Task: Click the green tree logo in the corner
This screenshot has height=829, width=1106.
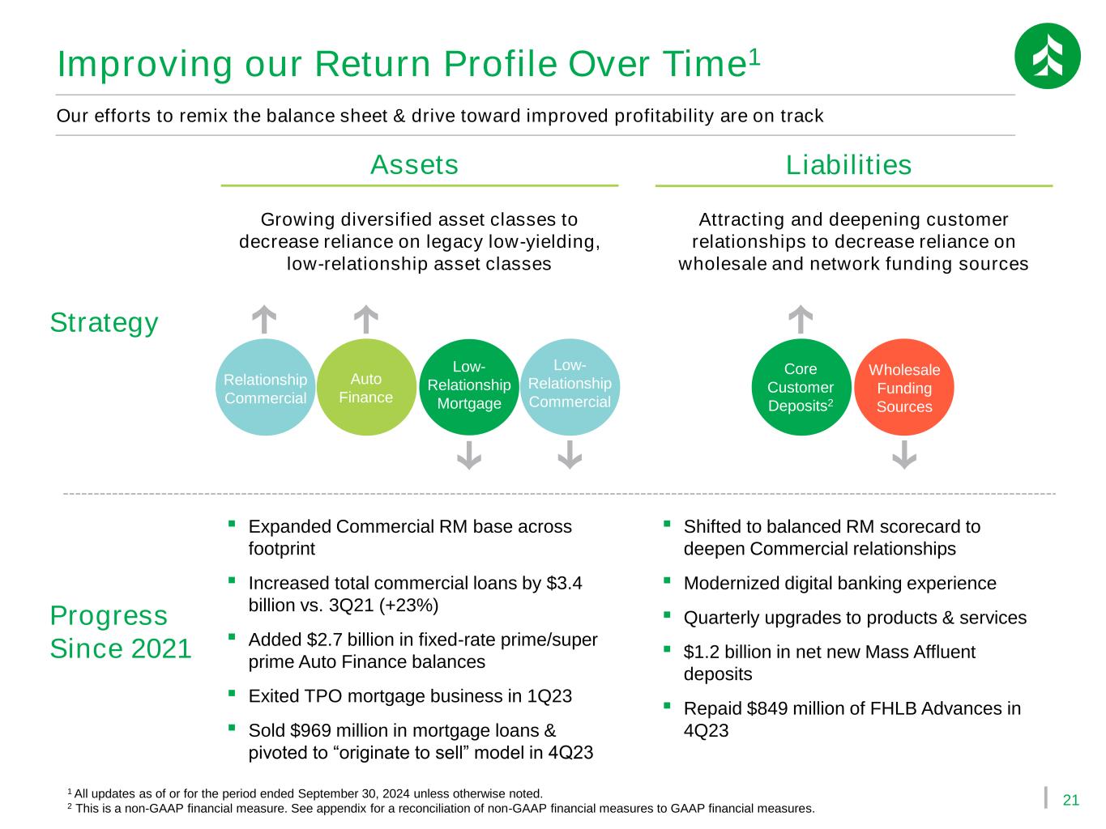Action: (1047, 56)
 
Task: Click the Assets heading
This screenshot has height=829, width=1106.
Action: (414, 164)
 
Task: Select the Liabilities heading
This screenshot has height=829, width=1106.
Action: (848, 164)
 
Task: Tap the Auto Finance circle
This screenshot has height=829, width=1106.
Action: (365, 387)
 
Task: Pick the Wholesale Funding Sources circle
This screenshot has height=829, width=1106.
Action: (904, 387)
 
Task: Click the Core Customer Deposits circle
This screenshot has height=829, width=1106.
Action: (801, 387)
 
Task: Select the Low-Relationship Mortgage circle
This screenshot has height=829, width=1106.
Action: (468, 387)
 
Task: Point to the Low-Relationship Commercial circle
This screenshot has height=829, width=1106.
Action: (570, 387)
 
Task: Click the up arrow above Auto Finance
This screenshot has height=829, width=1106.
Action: (365, 319)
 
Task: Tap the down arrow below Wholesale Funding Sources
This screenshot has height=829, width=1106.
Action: (904, 455)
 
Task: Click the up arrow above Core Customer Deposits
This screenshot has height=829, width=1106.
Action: (801, 319)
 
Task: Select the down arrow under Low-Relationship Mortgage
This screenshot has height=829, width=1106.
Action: (468, 455)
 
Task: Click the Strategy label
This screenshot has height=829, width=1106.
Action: (104, 323)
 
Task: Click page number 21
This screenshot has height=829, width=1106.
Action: (1070, 800)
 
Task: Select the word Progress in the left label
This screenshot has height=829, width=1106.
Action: (109, 616)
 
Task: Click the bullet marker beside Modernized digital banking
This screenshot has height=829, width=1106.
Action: (667, 580)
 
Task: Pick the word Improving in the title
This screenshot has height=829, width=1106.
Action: (144, 65)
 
